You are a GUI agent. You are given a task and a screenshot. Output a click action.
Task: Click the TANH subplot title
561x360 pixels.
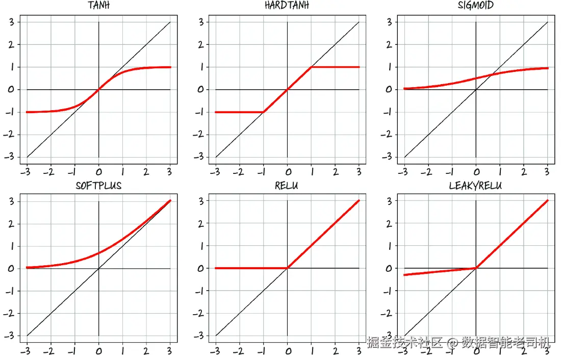click(x=98, y=6)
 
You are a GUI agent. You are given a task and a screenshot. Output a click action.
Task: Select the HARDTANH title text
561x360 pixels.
click(x=287, y=6)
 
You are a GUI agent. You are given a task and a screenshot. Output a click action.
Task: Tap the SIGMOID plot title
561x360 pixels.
click(x=476, y=6)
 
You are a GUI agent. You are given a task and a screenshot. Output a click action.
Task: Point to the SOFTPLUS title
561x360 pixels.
click(x=98, y=186)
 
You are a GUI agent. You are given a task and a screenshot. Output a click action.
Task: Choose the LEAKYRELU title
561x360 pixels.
click(x=475, y=186)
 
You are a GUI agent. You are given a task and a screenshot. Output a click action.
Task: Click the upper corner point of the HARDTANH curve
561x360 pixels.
click(x=311, y=67)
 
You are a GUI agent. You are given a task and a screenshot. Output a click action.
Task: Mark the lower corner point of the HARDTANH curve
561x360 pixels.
click(x=263, y=112)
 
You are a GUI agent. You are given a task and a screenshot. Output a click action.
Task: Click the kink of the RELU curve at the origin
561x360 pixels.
click(x=287, y=268)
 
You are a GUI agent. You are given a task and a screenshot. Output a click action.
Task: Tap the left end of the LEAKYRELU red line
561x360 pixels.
click(x=404, y=275)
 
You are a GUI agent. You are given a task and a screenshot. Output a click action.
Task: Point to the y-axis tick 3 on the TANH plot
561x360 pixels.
click(x=10, y=22)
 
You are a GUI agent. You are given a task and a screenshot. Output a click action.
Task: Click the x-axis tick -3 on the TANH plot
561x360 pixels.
click(x=25, y=172)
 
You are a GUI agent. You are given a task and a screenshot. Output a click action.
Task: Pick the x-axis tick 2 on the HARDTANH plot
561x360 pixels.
click(x=336, y=172)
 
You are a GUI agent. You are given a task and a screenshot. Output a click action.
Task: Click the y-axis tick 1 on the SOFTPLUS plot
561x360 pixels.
click(x=11, y=246)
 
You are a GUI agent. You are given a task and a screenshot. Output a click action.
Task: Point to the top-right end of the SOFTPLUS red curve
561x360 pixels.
click(x=170, y=200)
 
